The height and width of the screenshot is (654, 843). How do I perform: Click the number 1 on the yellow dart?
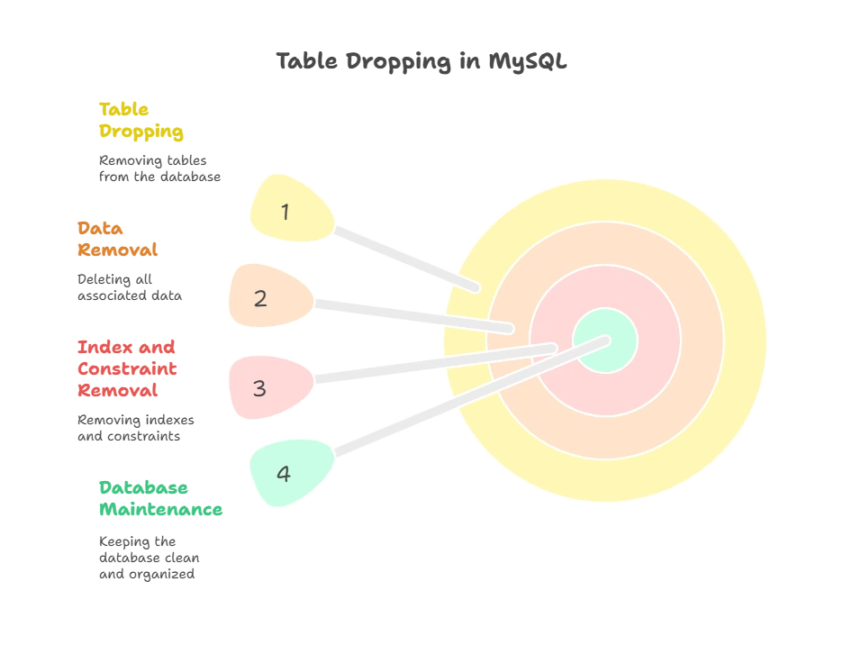pyautogui.click(x=286, y=213)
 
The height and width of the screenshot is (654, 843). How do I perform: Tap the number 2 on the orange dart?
pyautogui.click(x=260, y=299)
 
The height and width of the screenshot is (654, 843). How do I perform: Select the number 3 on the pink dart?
pyautogui.click(x=259, y=388)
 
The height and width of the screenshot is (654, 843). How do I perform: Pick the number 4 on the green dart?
pyautogui.click(x=284, y=474)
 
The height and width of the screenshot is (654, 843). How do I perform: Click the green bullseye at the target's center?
pyautogui.click(x=605, y=341)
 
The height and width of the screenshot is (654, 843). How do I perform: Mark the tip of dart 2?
pyautogui.click(x=511, y=329)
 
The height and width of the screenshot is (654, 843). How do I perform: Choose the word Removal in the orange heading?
pyautogui.click(x=117, y=250)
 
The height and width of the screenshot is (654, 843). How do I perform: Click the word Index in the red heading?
pyautogui.click(x=101, y=348)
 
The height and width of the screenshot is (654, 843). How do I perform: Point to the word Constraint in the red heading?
pyautogui.click(x=126, y=369)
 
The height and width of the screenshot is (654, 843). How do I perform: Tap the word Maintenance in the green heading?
pyautogui.click(x=159, y=510)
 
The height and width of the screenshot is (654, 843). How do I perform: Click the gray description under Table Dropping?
pyautogui.click(x=158, y=168)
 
